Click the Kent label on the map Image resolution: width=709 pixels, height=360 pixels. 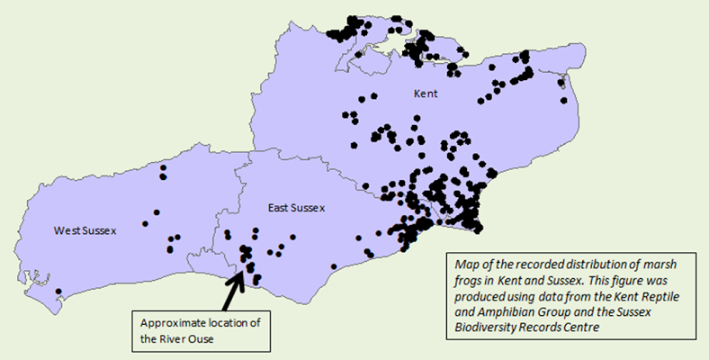coord(426,94)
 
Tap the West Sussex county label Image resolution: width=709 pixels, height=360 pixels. coord(85,231)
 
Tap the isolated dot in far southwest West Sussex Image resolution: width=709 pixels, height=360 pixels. coord(58,292)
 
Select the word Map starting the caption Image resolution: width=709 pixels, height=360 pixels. coord(467,265)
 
